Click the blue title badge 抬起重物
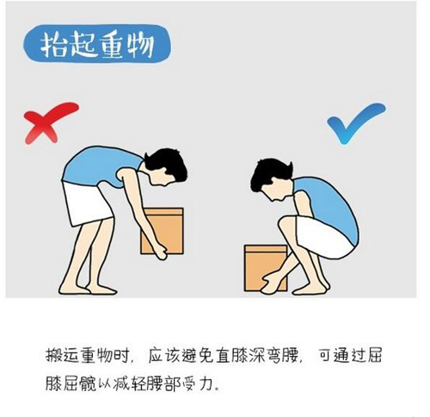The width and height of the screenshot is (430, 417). (x=97, y=44)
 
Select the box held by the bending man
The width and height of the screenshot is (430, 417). (x=163, y=231)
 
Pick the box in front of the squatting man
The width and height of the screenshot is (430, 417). (x=265, y=268)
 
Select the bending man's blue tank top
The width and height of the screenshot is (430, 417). (x=97, y=166)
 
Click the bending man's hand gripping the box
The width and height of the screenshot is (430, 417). (x=161, y=252)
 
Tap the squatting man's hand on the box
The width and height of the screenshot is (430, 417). (x=271, y=283)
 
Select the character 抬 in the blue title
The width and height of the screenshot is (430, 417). (x=53, y=45)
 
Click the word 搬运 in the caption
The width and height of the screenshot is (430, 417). (x=63, y=356)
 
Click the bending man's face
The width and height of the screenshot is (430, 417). (x=161, y=178)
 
